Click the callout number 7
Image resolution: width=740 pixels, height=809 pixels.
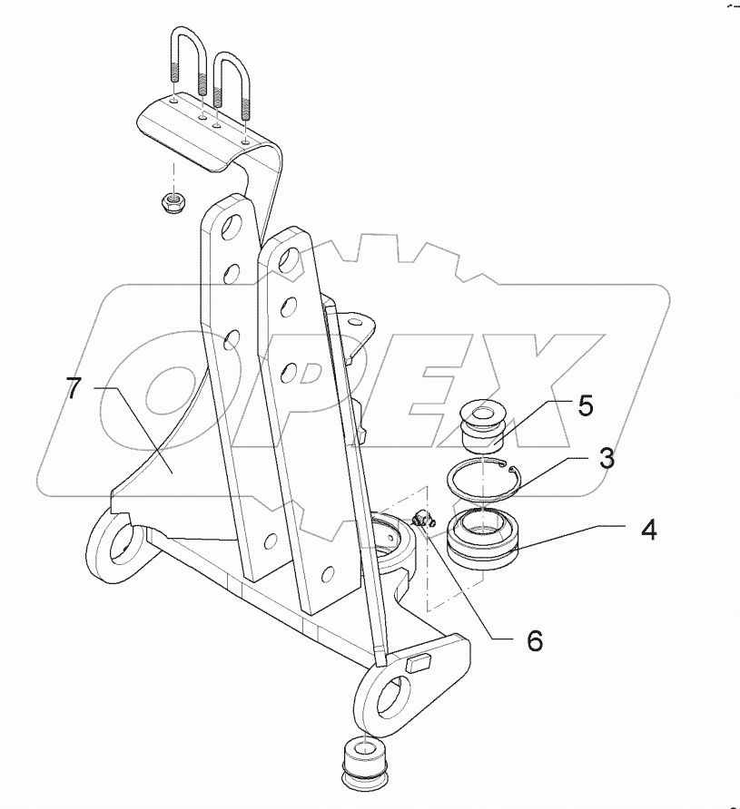click(75, 390)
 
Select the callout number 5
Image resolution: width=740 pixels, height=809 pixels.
click(585, 405)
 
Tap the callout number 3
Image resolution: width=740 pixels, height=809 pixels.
click(606, 459)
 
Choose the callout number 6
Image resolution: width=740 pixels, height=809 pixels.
click(534, 640)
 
